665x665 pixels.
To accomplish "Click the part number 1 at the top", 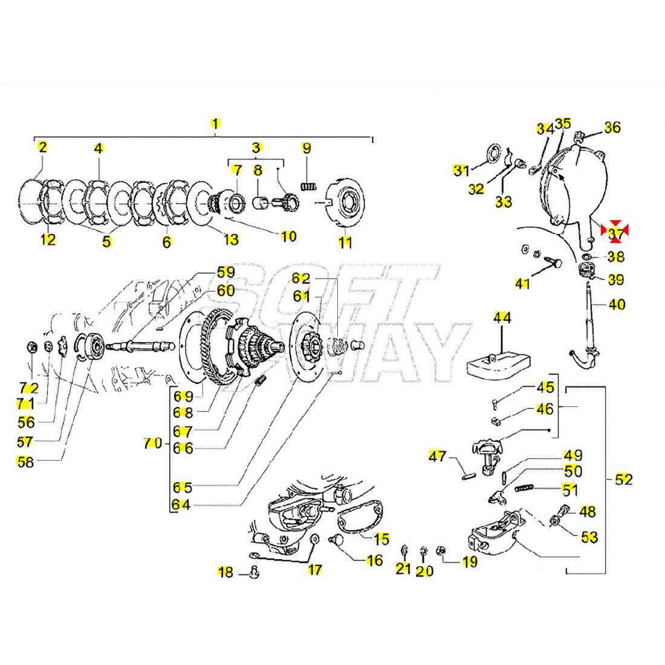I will [215, 123].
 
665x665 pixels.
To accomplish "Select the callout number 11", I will [345, 242].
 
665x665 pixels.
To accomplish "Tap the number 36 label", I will [612, 128].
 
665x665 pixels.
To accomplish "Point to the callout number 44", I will [502, 317].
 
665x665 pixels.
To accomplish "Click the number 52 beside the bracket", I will [623, 479].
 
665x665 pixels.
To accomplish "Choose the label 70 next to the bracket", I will [152, 443].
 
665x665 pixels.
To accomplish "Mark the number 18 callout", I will [225, 571].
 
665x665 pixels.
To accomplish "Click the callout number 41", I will [522, 282].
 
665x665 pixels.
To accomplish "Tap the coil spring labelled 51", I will [526, 488].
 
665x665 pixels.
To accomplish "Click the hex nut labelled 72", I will [31, 347].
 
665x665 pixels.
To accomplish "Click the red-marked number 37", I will [615, 232].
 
